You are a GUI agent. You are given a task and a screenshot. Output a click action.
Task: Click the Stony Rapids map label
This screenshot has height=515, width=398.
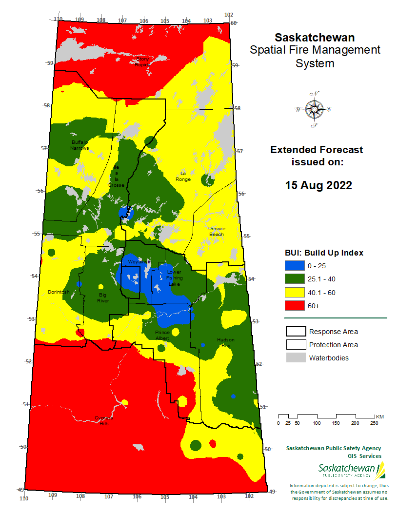click(142, 61)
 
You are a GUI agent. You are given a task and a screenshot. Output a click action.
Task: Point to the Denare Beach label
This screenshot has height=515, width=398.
click(216, 231)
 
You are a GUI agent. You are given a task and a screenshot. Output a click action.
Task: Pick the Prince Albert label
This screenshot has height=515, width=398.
click(162, 335)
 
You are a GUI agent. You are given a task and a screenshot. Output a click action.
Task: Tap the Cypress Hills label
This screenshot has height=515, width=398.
click(103, 420)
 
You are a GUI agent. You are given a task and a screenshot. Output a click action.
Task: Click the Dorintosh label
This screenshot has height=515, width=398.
click(59, 292)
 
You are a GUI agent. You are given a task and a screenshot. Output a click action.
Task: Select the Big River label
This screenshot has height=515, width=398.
click(103, 298)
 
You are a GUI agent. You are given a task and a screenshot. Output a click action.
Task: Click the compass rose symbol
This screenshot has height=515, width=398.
click(314, 109)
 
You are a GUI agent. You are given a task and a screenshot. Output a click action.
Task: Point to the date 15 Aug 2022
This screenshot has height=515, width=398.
click(318, 185)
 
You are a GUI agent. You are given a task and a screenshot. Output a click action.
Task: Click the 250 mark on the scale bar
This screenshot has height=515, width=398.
click(375, 423)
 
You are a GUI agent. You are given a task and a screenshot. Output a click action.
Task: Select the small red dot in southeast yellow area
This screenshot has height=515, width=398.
click(213, 443)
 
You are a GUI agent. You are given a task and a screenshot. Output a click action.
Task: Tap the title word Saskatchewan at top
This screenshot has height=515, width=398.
click(315, 38)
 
